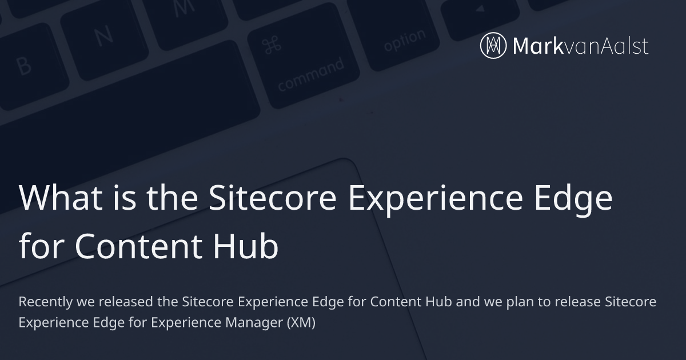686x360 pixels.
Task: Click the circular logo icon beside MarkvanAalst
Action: [494, 46]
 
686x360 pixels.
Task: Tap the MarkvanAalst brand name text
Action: [581, 46]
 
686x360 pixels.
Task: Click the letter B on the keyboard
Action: [24, 66]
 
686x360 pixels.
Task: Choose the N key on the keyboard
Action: [103, 35]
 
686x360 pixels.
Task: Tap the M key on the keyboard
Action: [183, 7]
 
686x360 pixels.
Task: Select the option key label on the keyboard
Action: [404, 40]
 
